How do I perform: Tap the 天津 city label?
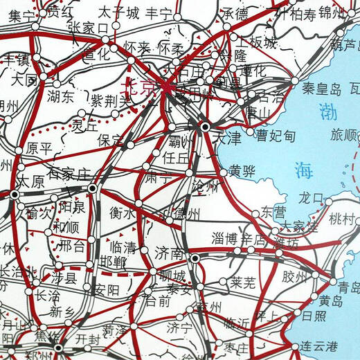228,138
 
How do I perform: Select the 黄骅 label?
242,171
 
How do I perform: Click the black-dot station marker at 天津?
205,127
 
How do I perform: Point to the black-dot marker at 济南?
196,259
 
